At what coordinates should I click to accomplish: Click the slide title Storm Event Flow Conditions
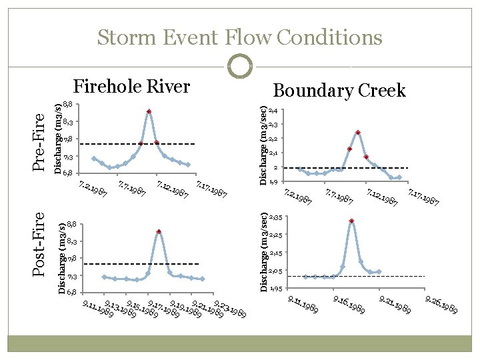coord(240,37)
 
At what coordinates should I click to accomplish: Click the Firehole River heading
coord(131,86)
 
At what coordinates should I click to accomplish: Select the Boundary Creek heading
coord(339,90)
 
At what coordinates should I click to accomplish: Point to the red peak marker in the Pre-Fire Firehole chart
coord(149,111)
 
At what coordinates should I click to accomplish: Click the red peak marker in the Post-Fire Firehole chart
coord(159,231)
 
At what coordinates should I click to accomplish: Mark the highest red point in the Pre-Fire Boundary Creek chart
coord(358,133)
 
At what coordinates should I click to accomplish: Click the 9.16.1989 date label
coord(348,306)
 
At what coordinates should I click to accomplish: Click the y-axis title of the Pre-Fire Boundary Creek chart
coord(264,145)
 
